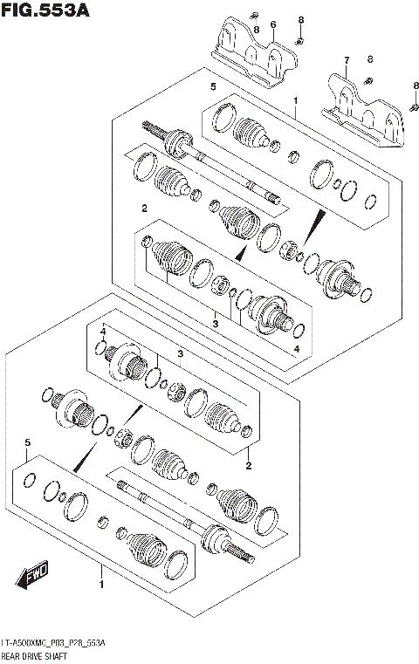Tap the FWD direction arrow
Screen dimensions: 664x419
pyautogui.click(x=32, y=575)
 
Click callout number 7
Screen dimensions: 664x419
pyautogui.click(x=346, y=60)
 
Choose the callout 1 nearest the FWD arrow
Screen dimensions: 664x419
pyautogui.click(x=102, y=584)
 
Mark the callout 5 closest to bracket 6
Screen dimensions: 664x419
pyautogui.click(x=212, y=87)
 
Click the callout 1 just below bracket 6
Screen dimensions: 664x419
pyautogui.click(x=296, y=101)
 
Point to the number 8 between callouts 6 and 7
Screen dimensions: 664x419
pyautogui.click(x=300, y=20)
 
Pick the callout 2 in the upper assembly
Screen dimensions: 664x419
pyautogui.click(x=144, y=208)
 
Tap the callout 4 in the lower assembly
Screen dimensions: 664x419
pyautogui.click(x=102, y=332)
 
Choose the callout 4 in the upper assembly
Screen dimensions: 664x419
pyautogui.click(x=296, y=349)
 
